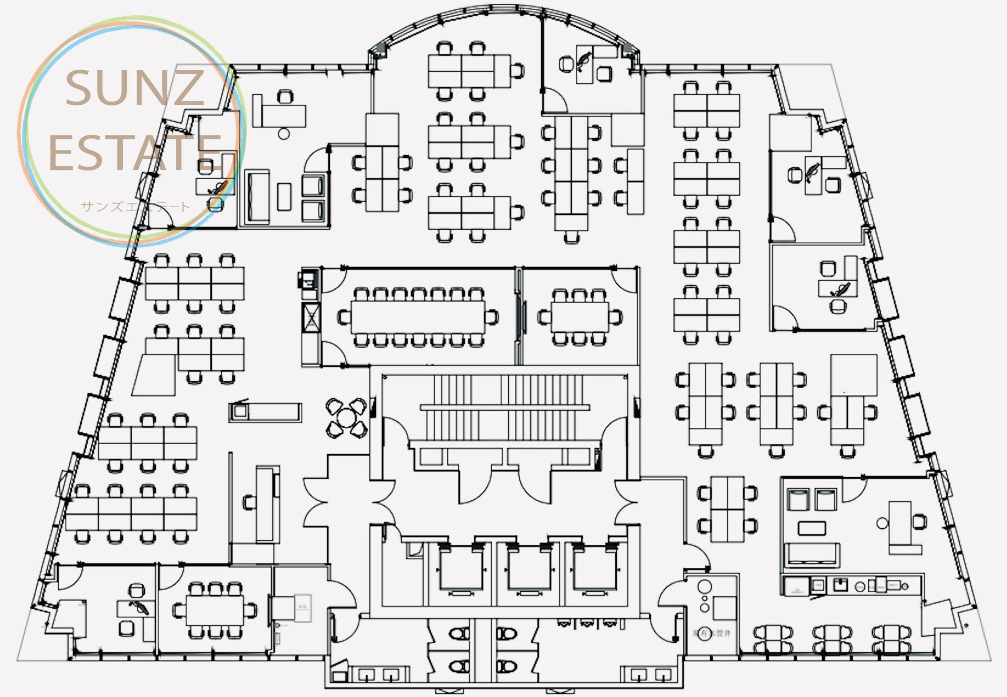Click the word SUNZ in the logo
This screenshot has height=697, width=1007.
point(134,88)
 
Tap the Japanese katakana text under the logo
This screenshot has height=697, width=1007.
point(134,206)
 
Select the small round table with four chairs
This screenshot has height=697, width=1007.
point(346,418)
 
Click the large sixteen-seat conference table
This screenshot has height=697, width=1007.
point(418,317)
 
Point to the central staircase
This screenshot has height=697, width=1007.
point(505,408)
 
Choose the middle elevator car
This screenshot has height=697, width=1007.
point(529,569)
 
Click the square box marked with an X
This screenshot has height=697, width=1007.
point(311,317)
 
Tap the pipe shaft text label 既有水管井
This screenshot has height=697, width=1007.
point(712,634)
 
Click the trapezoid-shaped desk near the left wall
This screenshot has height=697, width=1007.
point(154,374)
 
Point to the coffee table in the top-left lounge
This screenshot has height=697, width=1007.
point(284,196)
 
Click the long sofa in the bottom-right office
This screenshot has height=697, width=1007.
point(811,555)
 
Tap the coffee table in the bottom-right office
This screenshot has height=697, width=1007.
point(811,527)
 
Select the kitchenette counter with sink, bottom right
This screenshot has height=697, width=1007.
point(852,585)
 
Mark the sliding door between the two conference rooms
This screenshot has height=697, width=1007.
point(521,317)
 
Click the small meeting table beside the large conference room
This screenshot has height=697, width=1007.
point(579,317)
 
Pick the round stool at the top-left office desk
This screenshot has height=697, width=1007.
point(284,134)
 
